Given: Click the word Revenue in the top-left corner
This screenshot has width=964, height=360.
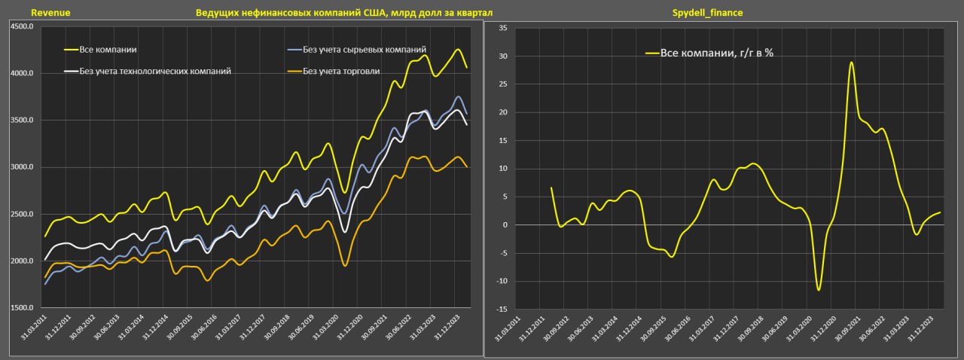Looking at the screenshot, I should tap(50, 13).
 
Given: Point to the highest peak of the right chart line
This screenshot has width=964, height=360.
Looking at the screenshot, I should tap(851, 63).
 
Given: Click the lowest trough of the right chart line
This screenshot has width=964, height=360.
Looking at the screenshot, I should tap(818, 290).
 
